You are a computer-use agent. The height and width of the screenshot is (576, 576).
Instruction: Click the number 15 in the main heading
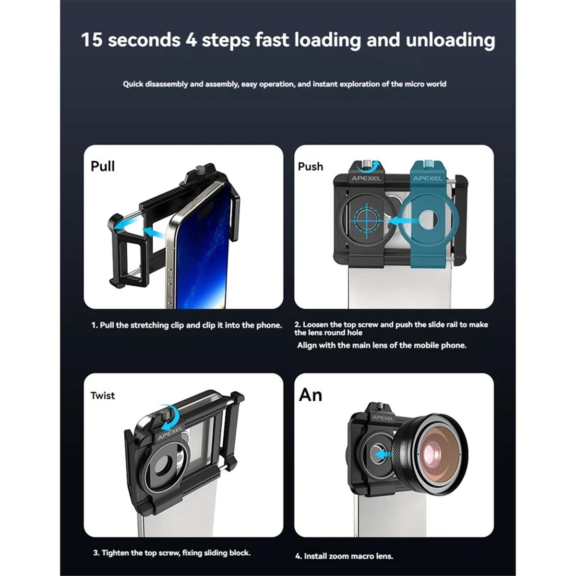tap(92, 40)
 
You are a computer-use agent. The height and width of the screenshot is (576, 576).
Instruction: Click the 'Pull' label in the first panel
tap(103, 166)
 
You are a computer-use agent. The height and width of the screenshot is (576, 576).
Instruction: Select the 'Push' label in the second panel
tap(310, 167)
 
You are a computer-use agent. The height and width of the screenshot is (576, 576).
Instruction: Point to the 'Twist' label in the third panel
tap(103, 396)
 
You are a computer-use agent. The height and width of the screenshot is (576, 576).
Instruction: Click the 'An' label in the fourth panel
tap(311, 395)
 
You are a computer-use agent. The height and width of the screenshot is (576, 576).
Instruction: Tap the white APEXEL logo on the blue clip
tap(428, 179)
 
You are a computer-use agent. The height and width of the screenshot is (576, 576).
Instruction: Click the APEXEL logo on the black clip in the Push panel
tap(366, 179)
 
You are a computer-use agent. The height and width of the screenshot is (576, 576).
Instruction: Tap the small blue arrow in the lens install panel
tap(384, 455)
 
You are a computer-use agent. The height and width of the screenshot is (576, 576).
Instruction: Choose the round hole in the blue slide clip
tap(428, 220)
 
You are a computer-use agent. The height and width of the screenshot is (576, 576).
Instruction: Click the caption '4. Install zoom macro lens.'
tap(344, 556)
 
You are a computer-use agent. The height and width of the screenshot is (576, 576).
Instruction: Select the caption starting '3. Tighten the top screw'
tap(172, 552)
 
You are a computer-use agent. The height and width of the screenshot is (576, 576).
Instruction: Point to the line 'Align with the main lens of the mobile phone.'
tap(382, 345)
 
